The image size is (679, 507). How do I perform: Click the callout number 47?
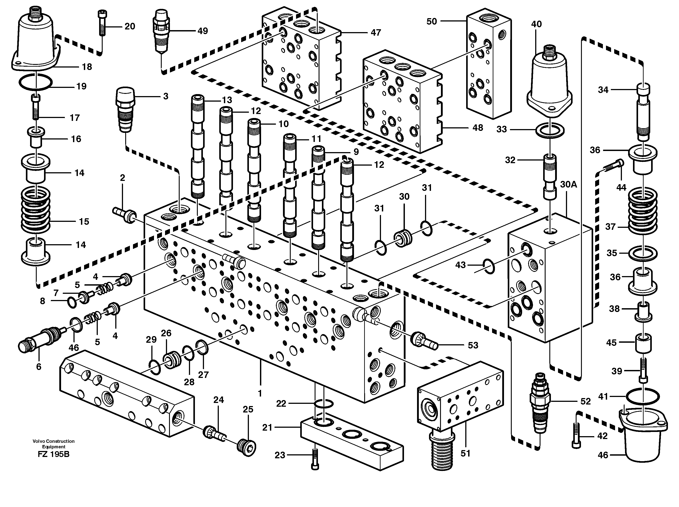coord(376,33)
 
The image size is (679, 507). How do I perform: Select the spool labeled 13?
coord(198,147)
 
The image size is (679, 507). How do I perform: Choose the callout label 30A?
coord(569,184)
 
